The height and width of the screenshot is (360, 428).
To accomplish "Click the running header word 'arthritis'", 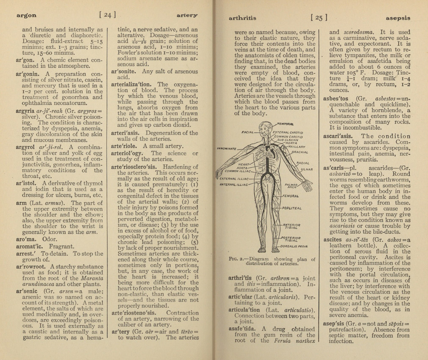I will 242,18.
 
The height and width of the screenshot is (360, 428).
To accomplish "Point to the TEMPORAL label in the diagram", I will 286,124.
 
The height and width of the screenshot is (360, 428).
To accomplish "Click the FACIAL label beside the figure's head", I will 247,132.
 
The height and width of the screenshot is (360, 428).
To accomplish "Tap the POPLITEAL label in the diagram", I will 292,208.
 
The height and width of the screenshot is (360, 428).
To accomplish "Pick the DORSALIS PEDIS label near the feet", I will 294,246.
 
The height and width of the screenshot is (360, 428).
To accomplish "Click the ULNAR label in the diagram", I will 306,169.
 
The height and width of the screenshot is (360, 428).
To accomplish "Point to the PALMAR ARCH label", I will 292,186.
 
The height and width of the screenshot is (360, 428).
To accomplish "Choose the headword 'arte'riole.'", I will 125,146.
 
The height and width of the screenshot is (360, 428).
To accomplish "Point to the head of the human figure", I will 265,127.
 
